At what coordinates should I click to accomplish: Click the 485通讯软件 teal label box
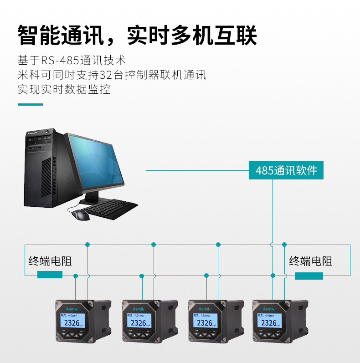pyautogui.click(x=286, y=171)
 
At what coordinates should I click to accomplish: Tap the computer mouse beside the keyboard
pyautogui.click(x=81, y=215)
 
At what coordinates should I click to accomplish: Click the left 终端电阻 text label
pyautogui.click(x=50, y=261)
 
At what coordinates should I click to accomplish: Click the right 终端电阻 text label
pyautogui.click(x=311, y=261)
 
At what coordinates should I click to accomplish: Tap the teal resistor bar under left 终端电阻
pyautogui.click(x=50, y=274)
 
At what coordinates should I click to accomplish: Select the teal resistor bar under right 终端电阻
pyautogui.click(x=309, y=276)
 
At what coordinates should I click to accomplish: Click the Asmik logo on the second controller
pyautogui.click(x=138, y=308)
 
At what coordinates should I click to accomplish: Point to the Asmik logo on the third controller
pyautogui.click(x=205, y=308)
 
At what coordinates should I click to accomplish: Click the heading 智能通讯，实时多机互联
pyautogui.click(x=137, y=36)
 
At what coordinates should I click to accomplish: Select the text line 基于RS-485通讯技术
pyautogui.click(x=72, y=60)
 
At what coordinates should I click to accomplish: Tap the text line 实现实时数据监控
pyautogui.click(x=64, y=89)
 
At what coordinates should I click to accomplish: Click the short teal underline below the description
pyautogui.click(x=30, y=104)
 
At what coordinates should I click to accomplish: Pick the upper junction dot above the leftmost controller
pyautogui.click(x=87, y=245)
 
